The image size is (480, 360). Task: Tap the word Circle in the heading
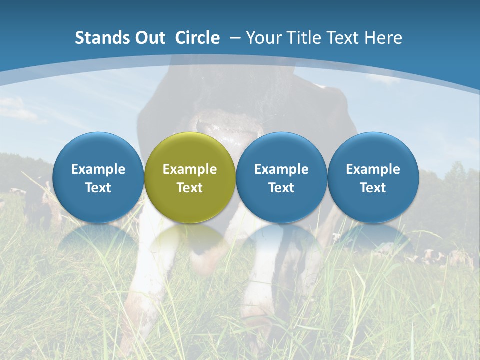[197, 38]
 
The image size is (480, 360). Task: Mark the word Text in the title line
[343, 38]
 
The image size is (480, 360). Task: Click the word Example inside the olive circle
[190, 169]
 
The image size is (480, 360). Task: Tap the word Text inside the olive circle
[190, 188]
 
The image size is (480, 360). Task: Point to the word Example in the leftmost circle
[98, 169]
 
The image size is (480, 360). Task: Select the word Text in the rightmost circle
[373, 188]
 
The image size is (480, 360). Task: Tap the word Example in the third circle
[281, 169]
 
